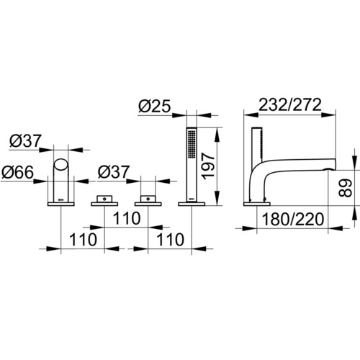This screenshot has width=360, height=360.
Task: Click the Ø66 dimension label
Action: point(17,172)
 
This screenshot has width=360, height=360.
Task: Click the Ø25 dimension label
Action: point(155,106)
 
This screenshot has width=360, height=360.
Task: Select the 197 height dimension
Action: point(208,166)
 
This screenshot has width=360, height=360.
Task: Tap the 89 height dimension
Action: point(346,188)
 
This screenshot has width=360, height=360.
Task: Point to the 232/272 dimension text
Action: point(290,104)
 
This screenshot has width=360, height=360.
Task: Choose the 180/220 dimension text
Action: point(293,219)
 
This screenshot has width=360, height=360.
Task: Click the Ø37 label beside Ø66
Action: point(25,140)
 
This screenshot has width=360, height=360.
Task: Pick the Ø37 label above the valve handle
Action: point(114,172)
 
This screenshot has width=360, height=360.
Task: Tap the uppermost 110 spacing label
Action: point(127,218)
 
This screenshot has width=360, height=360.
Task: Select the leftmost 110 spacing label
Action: point(83,240)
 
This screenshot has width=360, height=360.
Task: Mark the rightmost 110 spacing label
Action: point(171,240)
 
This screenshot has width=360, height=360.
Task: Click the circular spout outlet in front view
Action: point(60,165)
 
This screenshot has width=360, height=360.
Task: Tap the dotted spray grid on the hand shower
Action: point(192,144)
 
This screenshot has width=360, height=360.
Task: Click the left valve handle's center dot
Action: point(104,199)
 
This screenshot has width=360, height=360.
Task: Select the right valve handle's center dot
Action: point(148,199)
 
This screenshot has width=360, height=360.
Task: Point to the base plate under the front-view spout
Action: point(61,204)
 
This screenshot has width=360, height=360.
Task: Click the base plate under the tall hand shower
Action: point(192,204)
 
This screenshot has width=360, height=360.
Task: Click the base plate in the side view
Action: point(257,204)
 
